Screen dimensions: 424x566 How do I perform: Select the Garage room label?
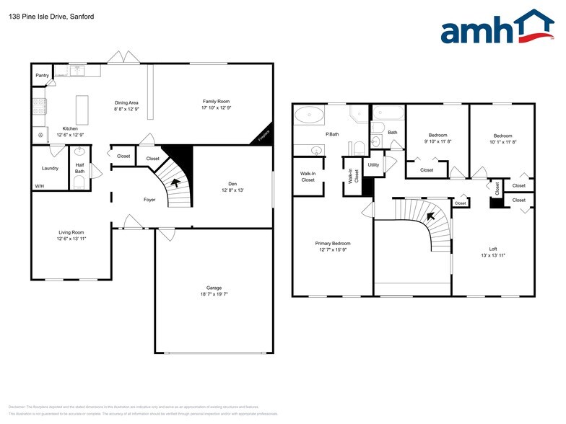click(214, 288)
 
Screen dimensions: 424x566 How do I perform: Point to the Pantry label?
click(42, 75)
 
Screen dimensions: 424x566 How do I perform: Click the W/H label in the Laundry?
click(39, 187)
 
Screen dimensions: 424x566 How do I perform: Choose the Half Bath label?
click(80, 168)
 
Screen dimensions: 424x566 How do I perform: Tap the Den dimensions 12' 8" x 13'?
click(232, 190)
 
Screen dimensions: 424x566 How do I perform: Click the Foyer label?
click(149, 200)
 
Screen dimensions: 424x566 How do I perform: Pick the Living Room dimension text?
click(71, 238)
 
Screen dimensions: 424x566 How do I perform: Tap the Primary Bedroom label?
click(332, 244)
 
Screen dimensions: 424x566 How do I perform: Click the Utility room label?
click(373, 165)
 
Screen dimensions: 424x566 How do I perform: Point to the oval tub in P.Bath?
click(311, 113)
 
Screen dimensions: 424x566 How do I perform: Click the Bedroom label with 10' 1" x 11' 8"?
click(502, 136)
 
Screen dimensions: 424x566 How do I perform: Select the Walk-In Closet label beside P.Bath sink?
click(308, 177)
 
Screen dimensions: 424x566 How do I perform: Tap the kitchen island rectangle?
click(82, 109)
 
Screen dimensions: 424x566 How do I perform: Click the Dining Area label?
click(126, 102)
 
